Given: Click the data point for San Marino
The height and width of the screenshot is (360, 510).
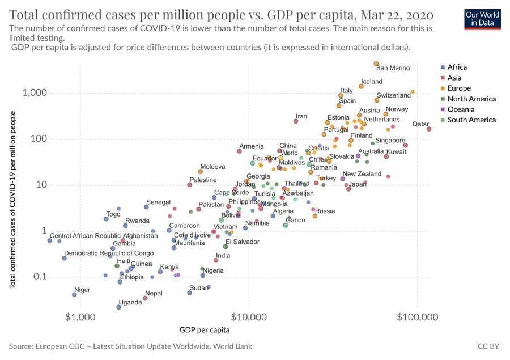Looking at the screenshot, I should point(376,63).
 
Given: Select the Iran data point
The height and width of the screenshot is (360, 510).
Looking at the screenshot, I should point(296,121).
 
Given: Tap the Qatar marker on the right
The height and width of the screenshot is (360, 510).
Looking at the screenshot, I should point(429,129).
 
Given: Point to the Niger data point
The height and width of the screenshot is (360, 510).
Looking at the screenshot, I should point(74,294).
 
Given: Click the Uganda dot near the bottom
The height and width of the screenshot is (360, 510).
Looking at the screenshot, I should point(118,307).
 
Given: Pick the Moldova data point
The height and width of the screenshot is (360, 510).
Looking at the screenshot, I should point(201,171).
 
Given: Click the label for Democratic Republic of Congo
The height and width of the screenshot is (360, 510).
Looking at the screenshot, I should point(109,253).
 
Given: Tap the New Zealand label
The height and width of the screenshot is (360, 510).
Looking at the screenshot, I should point(362,174).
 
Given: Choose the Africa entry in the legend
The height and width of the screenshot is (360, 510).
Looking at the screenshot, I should point(457,67).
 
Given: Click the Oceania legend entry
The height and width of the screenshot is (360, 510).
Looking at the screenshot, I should point(461,109).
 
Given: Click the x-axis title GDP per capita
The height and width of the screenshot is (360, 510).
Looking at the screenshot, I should point(205,329).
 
